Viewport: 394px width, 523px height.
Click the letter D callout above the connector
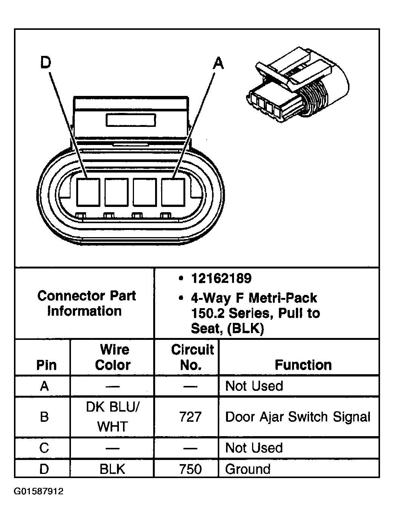pyautogui.click(x=46, y=63)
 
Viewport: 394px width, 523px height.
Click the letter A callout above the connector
pyautogui.click(x=218, y=63)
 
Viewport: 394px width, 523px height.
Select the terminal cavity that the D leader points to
pyautogui.click(x=88, y=192)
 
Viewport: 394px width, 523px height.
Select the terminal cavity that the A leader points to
pyautogui.click(x=173, y=192)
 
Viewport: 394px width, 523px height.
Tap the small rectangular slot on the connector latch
pyautogui.click(x=131, y=120)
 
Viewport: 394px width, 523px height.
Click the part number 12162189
pyautogui.click(x=221, y=279)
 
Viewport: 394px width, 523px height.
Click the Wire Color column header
pyautogui.click(x=113, y=357)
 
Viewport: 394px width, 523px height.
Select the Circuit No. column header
pyautogui.click(x=192, y=357)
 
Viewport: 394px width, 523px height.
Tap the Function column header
pyautogui.click(x=303, y=365)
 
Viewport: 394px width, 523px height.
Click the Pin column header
pyautogui.click(x=46, y=365)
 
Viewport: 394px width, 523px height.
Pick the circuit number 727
pyautogui.click(x=191, y=417)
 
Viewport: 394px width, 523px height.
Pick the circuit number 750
pyautogui.click(x=191, y=469)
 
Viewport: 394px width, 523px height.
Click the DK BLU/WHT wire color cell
pyautogui.click(x=113, y=417)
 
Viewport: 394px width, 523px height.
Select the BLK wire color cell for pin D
pyautogui.click(x=112, y=469)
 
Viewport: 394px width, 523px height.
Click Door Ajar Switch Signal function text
pyautogui.click(x=297, y=417)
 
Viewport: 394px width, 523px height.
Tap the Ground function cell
pyautogui.click(x=248, y=469)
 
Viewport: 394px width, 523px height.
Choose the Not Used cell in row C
pyautogui.click(x=254, y=448)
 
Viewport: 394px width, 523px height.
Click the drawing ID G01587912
pyautogui.click(x=39, y=491)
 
